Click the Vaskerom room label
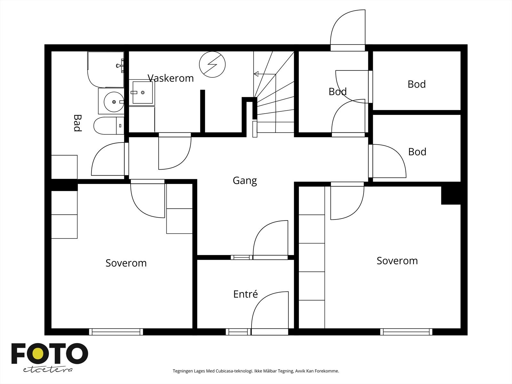click(171, 78)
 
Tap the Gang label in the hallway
click(245, 181)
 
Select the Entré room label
click(245, 294)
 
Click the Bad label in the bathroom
click(77, 123)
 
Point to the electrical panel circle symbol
click(212, 64)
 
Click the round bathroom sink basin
click(114, 102)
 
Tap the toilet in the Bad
click(109, 126)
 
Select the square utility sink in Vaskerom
click(142, 92)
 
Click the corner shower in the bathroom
click(106, 69)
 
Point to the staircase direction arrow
click(265, 74)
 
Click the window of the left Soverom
click(116, 332)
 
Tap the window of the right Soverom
click(406, 332)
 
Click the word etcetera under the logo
click(48, 370)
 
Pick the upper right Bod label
click(417, 84)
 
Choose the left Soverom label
click(126, 263)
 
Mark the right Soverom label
click(397, 261)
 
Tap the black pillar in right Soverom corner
click(451, 196)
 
